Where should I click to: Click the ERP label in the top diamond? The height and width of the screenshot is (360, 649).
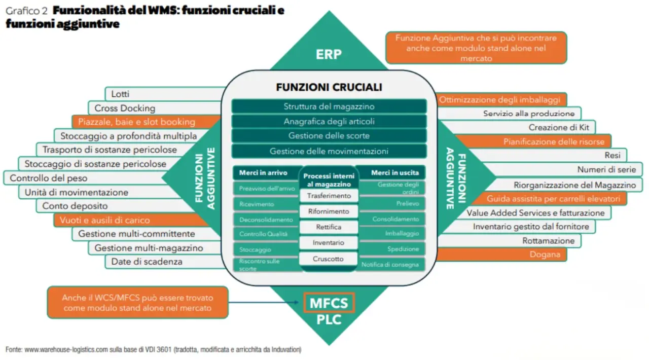(329, 54)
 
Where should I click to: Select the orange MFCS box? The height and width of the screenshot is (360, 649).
(329, 303)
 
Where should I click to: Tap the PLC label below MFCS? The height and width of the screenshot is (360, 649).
(329, 320)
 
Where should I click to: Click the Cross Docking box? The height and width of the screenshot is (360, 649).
(125, 108)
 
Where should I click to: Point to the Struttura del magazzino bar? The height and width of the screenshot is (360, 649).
(329, 106)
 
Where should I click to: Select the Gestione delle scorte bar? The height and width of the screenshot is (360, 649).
(329, 136)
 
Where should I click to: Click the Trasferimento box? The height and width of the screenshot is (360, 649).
(329, 196)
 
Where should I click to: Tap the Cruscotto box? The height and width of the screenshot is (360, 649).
(329, 259)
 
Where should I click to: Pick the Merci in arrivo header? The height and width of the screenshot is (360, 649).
(263, 173)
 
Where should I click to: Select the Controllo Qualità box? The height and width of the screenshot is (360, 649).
(264, 234)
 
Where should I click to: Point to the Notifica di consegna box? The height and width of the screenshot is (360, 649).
(390, 265)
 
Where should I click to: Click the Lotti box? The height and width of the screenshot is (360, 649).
(121, 94)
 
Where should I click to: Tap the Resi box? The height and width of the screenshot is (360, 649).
(612, 156)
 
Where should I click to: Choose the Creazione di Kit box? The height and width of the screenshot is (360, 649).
(555, 128)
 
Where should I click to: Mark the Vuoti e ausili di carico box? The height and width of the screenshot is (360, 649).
(104, 221)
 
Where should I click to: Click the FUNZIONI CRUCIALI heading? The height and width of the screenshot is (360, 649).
(329, 87)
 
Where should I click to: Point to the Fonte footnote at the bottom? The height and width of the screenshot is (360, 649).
(153, 349)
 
